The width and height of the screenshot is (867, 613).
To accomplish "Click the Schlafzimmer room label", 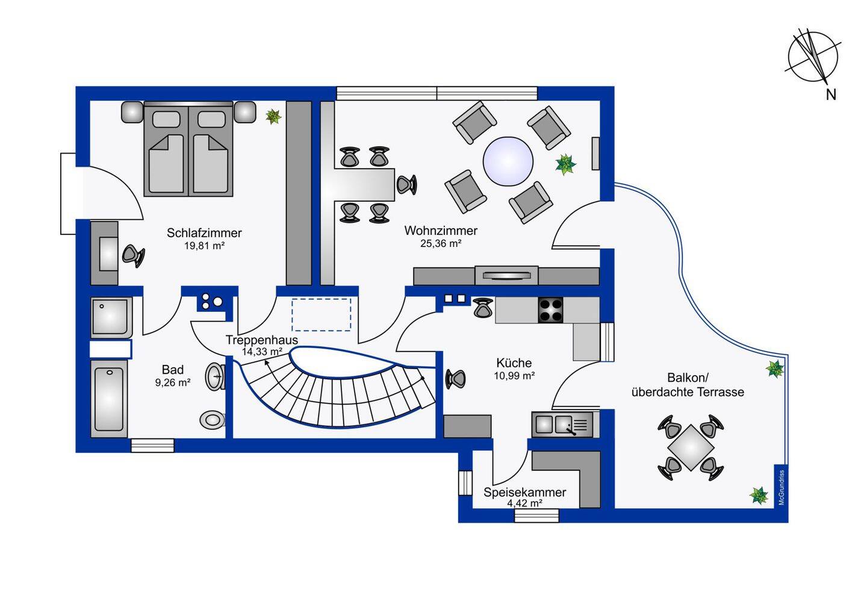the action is tap(204, 232).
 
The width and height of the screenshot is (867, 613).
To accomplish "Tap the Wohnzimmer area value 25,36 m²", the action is tap(441, 243).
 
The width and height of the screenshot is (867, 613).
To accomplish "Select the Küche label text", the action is tap(514, 363).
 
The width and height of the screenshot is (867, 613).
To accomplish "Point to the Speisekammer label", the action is tap(524, 492).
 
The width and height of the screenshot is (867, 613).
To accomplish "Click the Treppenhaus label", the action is tap(262, 340).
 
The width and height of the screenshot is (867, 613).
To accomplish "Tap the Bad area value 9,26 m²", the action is tap(173, 382).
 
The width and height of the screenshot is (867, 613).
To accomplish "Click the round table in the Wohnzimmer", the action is tap(508, 161).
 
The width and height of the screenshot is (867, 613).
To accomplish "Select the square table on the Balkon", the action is tap(691, 448).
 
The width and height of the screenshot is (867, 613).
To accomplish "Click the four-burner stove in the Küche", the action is tap(551, 310).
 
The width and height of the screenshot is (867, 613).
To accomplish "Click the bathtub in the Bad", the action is tap(109, 399).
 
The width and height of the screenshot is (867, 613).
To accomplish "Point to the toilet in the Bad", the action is tap(213, 420).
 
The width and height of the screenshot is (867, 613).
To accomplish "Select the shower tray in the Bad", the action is tap(111, 318).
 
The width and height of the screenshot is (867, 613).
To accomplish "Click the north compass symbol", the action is tap(813, 57).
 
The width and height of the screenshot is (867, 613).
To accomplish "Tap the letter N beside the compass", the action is tap(831, 95).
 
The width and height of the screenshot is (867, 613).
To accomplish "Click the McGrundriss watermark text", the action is tap(782, 488).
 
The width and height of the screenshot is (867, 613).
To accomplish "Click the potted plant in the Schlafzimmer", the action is tap(273, 116).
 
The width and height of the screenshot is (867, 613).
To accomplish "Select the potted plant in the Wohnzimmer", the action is tap(565, 164).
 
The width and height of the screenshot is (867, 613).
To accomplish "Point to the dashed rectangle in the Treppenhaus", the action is tap(322, 314).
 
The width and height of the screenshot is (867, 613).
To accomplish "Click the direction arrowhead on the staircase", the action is tap(267, 363).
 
